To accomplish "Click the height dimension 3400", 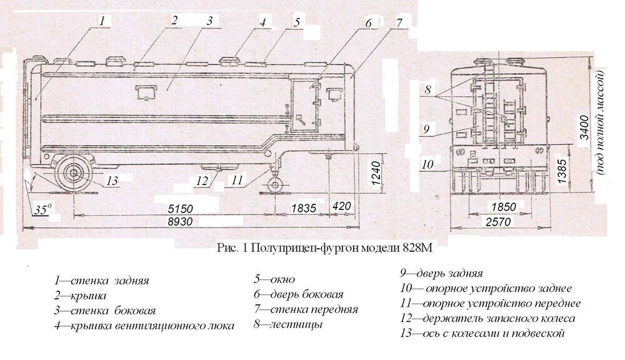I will point(583,128).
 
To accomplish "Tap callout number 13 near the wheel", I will point(112,181).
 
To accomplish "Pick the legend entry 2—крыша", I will point(81,295).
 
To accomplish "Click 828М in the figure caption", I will point(417,248).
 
